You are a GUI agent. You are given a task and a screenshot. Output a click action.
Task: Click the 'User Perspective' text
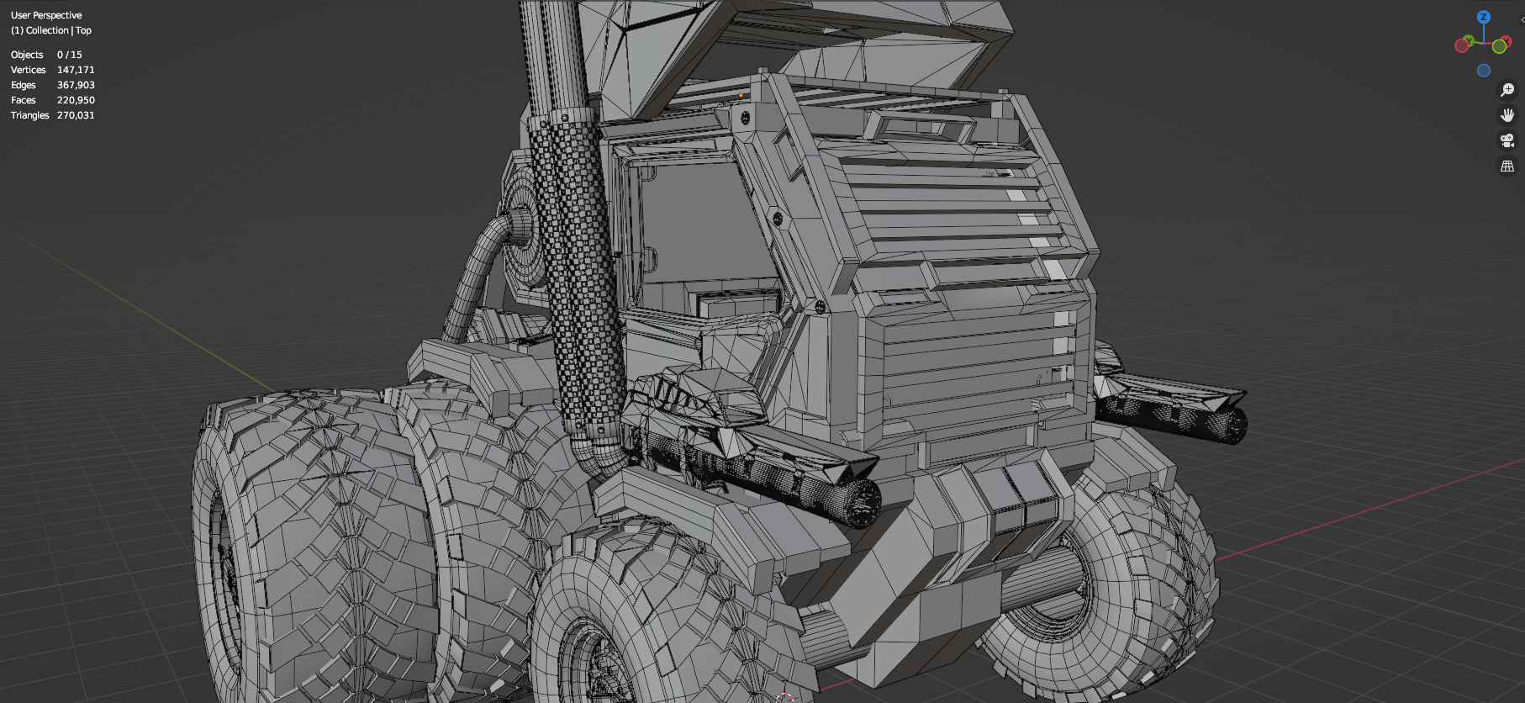[46, 15]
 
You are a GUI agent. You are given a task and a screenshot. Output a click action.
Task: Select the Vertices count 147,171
[76, 70]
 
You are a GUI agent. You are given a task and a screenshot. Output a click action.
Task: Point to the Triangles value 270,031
[76, 115]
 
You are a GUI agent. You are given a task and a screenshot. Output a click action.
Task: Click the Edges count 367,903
[76, 85]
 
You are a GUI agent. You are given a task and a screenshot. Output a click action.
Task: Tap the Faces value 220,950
[76, 100]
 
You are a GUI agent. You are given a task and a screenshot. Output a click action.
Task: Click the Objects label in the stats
[27, 55]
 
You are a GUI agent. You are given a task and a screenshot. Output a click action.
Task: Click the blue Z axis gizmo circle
[1484, 17]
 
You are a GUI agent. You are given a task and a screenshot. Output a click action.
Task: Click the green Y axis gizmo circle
[1499, 47]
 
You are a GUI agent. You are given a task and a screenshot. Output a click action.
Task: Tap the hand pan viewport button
[1507, 115]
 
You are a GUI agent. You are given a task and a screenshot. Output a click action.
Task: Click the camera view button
[1507, 140]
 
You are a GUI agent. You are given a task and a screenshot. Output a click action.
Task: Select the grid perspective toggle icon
[1507, 166]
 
